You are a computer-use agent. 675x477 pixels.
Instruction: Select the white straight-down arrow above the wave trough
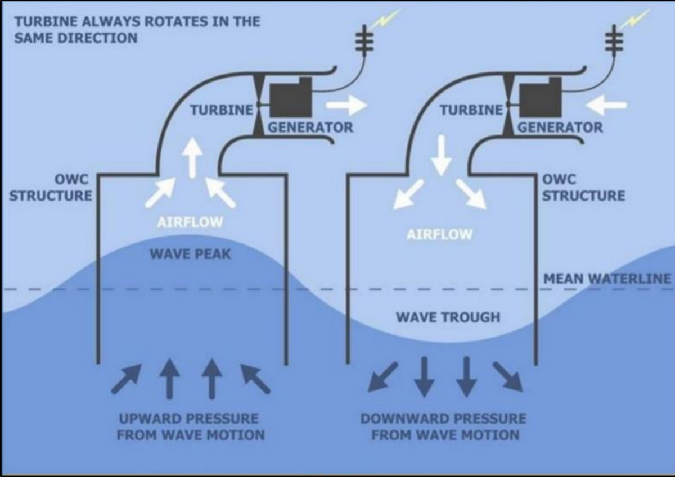tap(441, 155)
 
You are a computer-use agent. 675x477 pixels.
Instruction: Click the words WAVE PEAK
tap(190, 254)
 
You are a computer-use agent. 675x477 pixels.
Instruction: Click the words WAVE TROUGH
tap(448, 317)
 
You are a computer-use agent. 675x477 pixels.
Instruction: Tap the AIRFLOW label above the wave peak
tap(190, 222)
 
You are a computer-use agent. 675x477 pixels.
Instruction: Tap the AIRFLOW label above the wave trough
tap(439, 234)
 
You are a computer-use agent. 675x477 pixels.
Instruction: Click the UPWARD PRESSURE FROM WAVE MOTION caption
tap(190, 427)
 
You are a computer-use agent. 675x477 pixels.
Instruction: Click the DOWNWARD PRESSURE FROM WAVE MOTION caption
tap(444, 427)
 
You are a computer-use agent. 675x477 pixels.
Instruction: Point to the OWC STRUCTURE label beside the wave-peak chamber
tap(51, 188)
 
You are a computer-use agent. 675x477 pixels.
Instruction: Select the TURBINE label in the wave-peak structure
tap(221, 110)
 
